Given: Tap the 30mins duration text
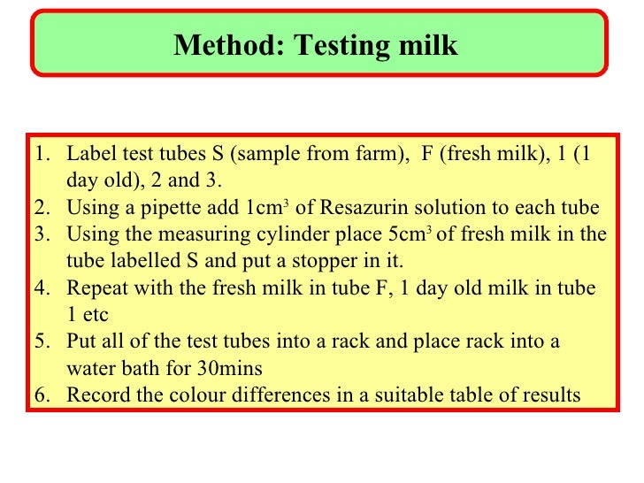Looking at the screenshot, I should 238,367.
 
